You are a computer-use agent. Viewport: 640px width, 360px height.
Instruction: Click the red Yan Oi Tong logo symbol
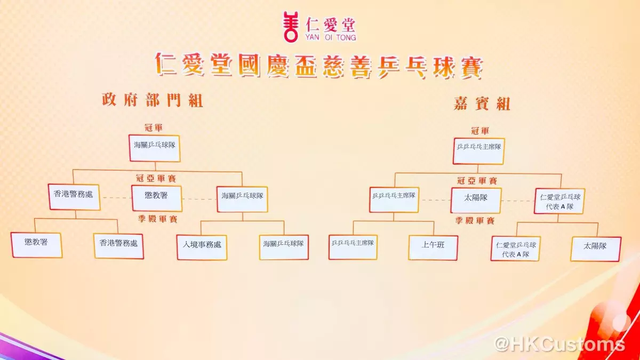click(291, 27)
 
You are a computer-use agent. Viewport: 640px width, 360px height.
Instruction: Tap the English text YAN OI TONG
click(331, 37)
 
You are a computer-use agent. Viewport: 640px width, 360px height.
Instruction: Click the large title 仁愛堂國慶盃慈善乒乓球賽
click(319, 65)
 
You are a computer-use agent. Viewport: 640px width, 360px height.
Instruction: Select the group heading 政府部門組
click(153, 100)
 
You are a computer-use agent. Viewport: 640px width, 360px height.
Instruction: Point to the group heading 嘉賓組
click(482, 103)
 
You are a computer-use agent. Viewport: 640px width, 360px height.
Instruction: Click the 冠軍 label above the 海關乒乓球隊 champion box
click(154, 127)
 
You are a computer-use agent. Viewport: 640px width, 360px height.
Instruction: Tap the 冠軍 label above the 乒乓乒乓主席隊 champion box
click(480, 131)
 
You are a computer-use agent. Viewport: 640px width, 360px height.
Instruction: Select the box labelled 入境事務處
click(202, 247)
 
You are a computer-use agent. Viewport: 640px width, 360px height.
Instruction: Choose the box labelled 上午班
click(433, 247)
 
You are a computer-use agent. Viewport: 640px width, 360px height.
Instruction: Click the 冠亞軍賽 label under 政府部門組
click(156, 179)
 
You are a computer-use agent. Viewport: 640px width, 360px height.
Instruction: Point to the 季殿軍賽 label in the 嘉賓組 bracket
click(475, 220)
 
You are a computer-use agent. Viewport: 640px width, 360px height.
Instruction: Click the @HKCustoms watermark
click(559, 344)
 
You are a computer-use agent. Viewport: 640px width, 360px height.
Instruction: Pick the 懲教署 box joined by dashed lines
click(157, 198)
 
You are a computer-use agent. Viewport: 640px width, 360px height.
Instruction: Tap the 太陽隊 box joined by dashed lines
click(476, 201)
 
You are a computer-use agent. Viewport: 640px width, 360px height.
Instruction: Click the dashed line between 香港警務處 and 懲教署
click(116, 198)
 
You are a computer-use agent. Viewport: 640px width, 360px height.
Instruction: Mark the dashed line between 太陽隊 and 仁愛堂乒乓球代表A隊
click(518, 201)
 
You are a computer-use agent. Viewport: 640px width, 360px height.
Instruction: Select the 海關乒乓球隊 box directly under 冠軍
click(155, 148)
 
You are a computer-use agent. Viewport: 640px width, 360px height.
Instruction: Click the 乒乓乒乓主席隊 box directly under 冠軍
click(478, 151)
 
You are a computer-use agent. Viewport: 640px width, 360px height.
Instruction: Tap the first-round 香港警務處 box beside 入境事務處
click(118, 246)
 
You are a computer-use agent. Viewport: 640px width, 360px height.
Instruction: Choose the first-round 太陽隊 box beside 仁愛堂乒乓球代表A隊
click(596, 249)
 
